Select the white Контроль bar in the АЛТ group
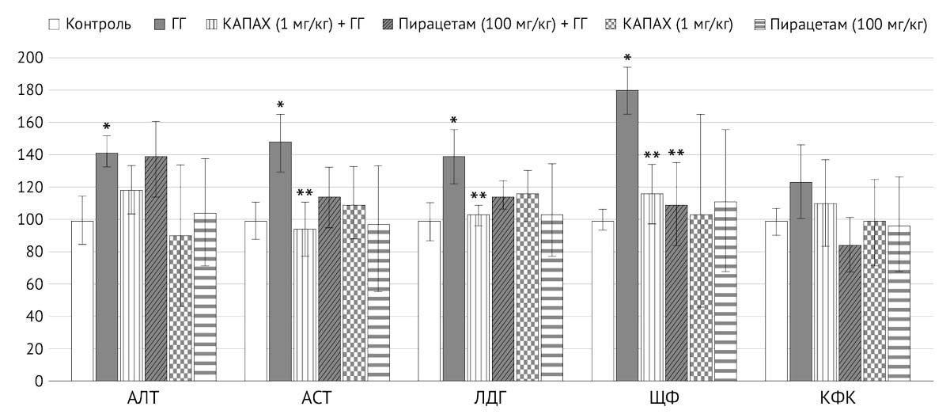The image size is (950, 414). (82, 301)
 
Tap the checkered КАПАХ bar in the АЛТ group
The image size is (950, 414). (180, 308)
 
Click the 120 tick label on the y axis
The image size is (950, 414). (34, 188)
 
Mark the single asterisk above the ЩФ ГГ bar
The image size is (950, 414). (626, 59)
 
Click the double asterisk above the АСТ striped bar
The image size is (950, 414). (305, 193)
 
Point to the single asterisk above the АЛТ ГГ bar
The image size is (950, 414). (106, 127)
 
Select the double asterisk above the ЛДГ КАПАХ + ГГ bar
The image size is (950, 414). (478, 196)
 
